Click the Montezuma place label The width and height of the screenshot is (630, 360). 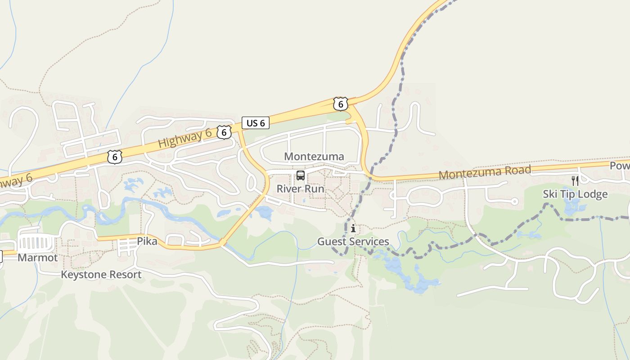pos(314,157)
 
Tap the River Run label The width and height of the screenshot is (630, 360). pos(300,189)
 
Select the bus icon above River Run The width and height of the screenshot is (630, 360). pos(300,176)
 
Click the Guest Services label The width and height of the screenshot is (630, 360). pos(353,242)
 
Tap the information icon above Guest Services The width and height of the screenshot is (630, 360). pos(353,229)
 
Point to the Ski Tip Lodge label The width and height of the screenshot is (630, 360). pos(575,194)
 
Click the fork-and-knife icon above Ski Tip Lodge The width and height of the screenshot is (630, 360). pos(575,181)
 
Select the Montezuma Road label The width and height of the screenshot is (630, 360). pos(485,172)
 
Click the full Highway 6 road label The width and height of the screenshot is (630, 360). pos(184,138)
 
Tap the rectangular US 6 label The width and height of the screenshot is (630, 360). pos(256,123)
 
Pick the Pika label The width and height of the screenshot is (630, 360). pos(147,242)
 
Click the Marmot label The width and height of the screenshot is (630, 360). pos(38,258)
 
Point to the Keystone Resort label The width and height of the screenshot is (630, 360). pos(101,274)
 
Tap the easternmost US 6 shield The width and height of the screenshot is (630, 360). pos(341,104)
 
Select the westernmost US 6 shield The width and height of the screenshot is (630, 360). pos(115,157)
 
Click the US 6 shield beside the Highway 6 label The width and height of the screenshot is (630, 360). pos(224,132)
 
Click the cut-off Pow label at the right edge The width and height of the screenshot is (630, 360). pos(620,166)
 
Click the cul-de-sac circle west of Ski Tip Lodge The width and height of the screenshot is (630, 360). pos(515,201)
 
